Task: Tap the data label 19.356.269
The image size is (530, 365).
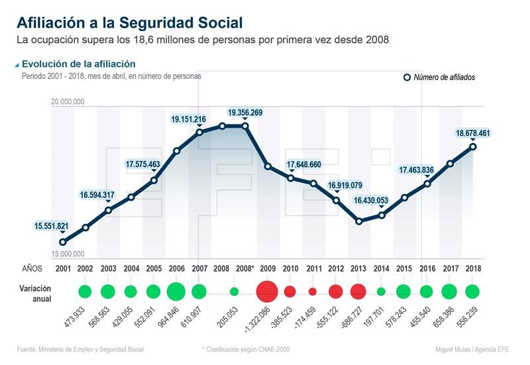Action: tap(244, 113)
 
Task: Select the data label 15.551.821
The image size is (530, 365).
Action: tap(52, 226)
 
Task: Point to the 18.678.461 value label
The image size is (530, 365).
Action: tap(472, 133)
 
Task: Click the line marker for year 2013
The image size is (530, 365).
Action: tap(358, 221)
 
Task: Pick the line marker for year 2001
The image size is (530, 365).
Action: tap(62, 242)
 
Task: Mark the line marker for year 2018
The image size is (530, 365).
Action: tap(472, 146)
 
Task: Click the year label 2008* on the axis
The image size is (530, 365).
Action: tap(244, 268)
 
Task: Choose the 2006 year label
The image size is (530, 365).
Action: tap(176, 268)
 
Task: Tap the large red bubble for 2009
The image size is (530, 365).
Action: tap(267, 291)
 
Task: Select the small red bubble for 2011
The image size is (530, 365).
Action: tap(313, 291)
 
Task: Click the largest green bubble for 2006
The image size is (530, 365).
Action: tap(176, 291)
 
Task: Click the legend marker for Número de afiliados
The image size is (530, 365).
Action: tap(407, 78)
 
